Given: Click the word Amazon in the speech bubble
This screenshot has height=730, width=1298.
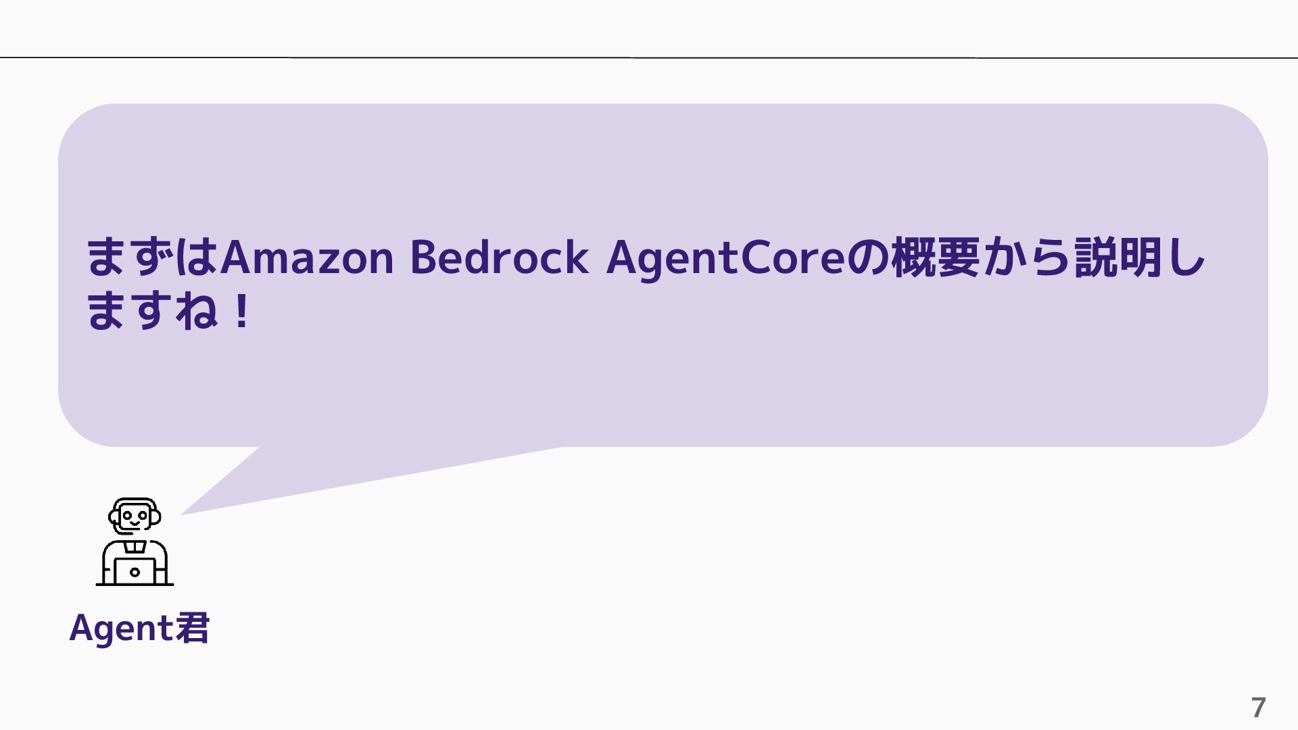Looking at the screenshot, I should click(x=307, y=258).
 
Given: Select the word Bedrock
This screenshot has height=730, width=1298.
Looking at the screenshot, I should click(x=499, y=258).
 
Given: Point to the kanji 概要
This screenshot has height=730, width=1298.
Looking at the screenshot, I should click(x=935, y=258).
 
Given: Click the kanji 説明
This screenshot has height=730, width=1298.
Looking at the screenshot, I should click(x=1119, y=258).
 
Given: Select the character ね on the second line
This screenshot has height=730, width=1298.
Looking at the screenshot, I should click(x=197, y=312).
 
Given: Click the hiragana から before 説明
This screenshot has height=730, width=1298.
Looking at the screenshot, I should click(x=1027, y=258).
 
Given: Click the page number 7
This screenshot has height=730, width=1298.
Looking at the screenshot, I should click(x=1258, y=708).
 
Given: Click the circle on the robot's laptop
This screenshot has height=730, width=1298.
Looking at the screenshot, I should click(x=135, y=572).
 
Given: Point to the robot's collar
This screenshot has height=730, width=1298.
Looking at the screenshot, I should click(x=135, y=545).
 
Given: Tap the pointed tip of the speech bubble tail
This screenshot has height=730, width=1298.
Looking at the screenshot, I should click(x=181, y=514).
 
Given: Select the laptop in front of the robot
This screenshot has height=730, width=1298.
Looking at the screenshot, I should click(x=135, y=572).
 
